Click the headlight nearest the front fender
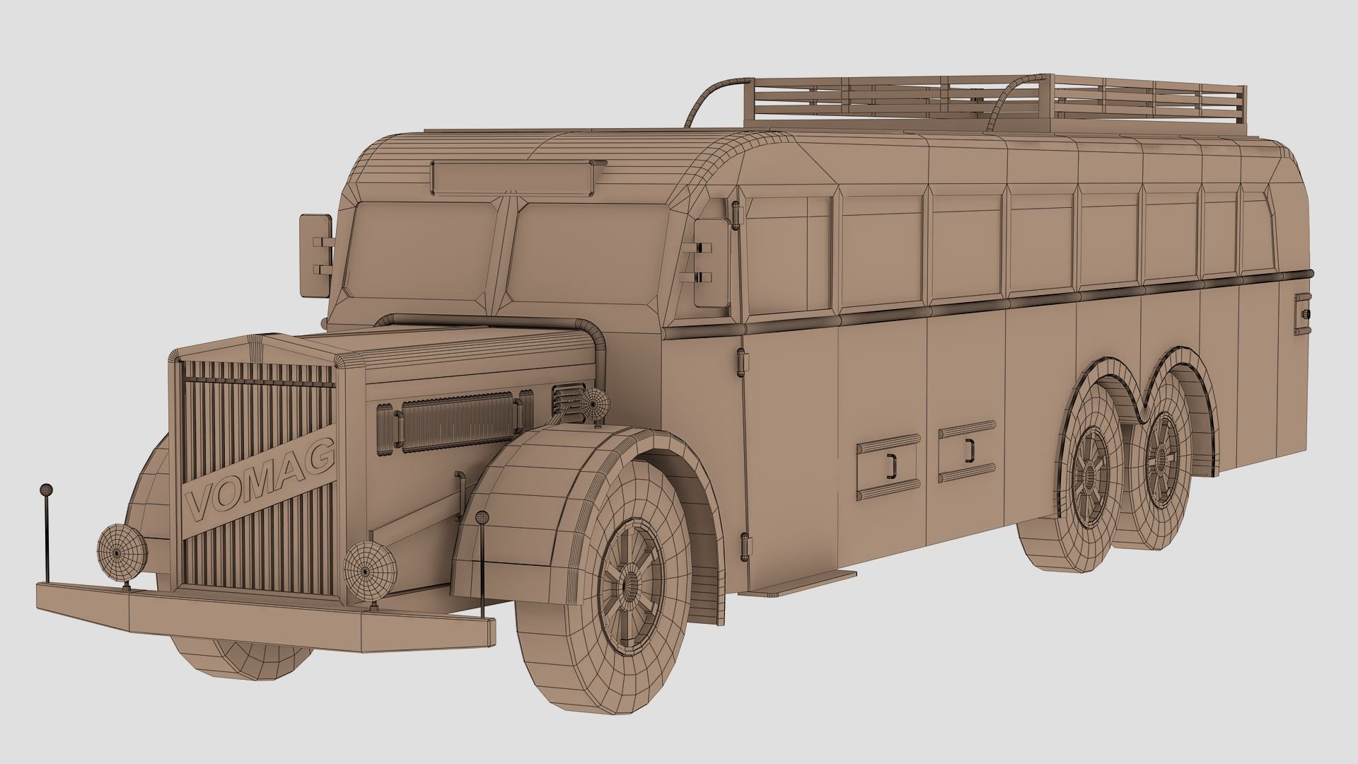pos(370,570)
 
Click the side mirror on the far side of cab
pos(315,255)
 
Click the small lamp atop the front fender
pos(594,405)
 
